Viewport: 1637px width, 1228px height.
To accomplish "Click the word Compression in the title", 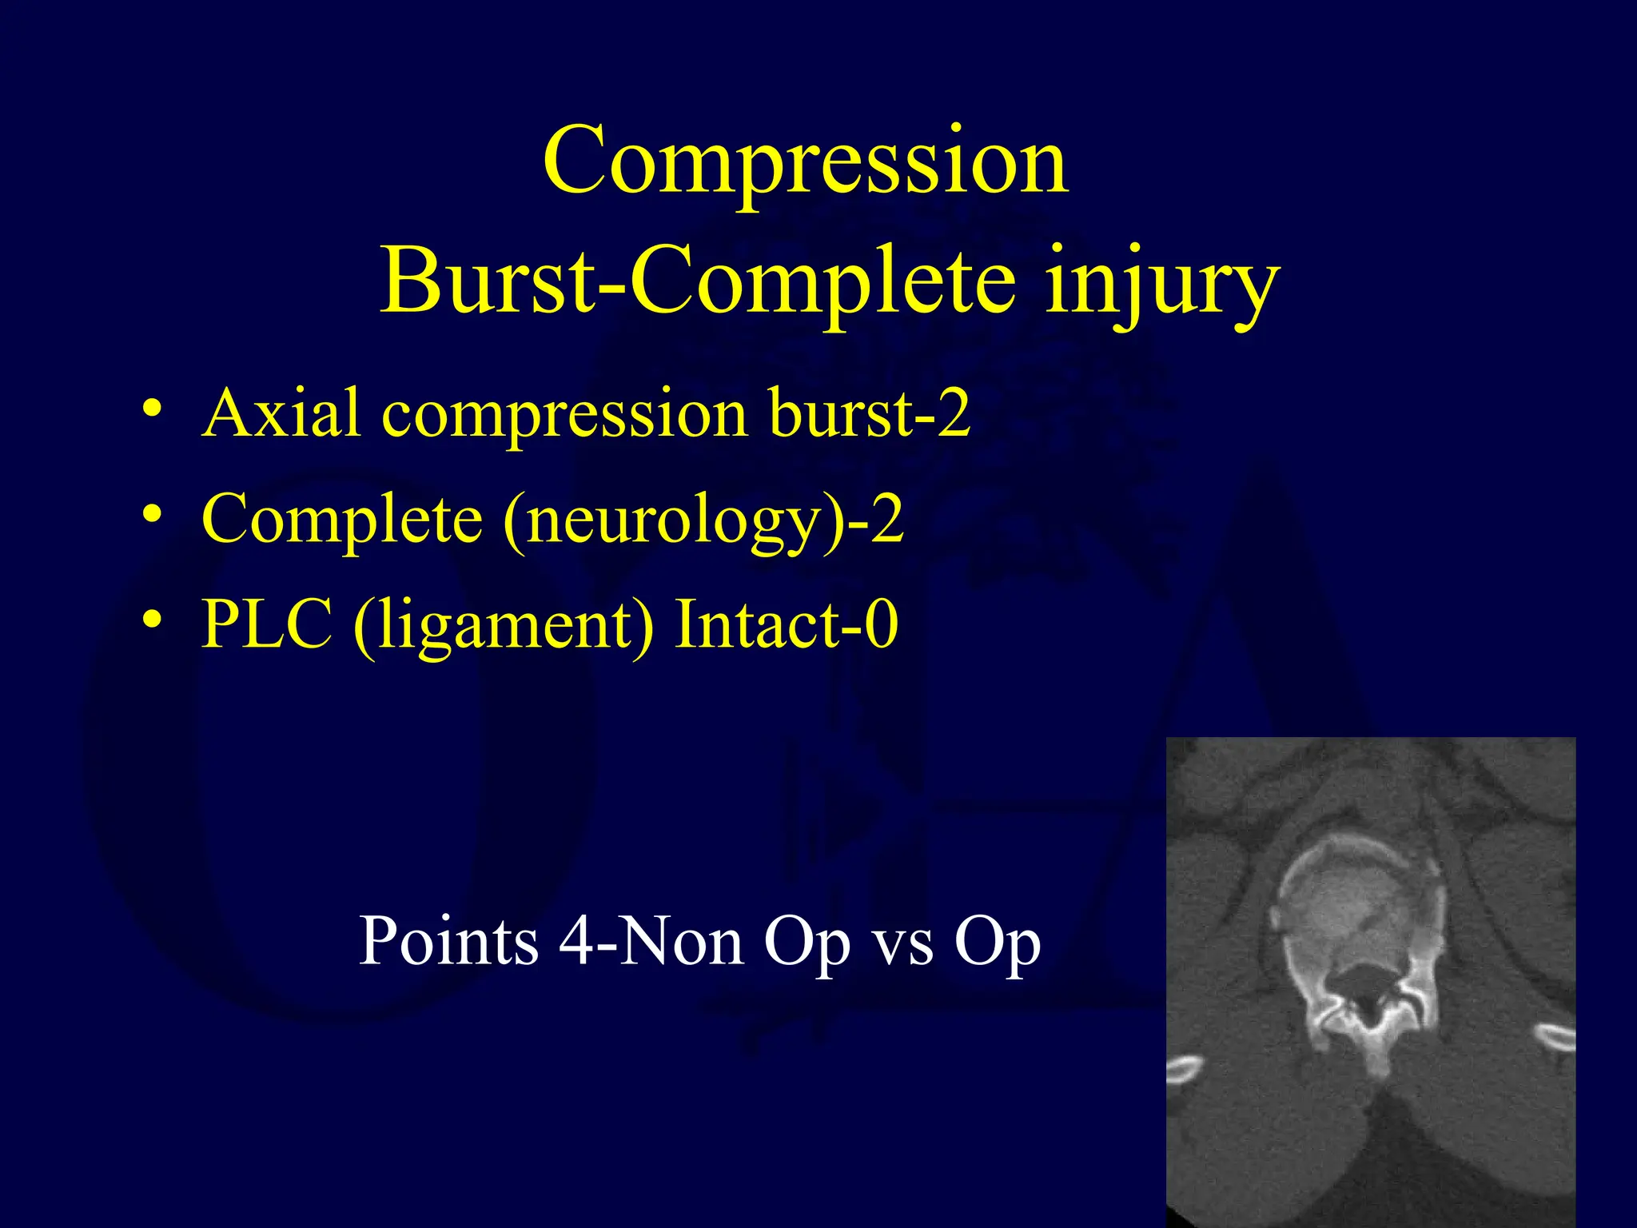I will [805, 162].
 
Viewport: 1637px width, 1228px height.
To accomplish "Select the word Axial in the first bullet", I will [281, 413].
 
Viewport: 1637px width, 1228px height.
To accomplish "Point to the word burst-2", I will [870, 413].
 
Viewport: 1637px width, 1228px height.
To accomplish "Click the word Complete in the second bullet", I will [342, 520].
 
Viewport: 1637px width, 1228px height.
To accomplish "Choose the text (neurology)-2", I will [703, 520].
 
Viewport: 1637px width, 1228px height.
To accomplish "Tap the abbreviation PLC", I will [267, 624].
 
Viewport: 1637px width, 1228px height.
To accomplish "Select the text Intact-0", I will [787, 624].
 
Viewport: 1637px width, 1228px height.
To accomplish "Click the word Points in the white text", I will [448, 941].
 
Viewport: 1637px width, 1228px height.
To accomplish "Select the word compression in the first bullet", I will [565, 415].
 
